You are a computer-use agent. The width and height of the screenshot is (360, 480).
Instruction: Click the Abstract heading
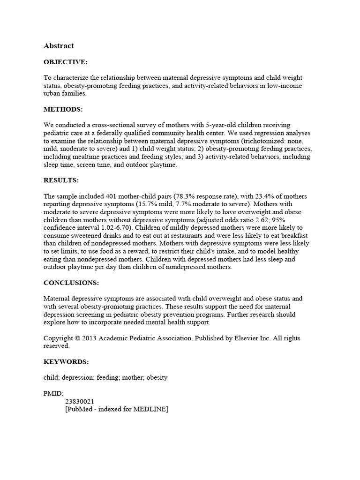tap(59, 46)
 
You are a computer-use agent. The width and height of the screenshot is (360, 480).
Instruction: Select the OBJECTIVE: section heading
tap(66, 62)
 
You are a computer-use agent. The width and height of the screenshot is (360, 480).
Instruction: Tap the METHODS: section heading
tap(63, 109)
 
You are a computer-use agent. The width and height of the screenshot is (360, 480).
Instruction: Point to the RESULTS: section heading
tap(61, 180)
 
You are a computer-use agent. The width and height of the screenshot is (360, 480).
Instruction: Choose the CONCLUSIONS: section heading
tap(71, 283)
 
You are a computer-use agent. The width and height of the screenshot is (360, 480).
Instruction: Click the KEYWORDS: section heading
tap(66, 362)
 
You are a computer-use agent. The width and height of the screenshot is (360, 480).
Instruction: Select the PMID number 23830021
tap(80, 401)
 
